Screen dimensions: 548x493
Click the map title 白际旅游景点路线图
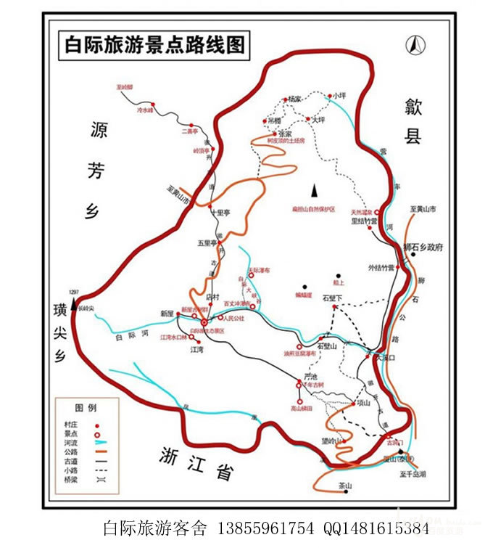pyautogui.click(x=154, y=45)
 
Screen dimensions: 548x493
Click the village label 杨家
pyautogui.click(x=294, y=98)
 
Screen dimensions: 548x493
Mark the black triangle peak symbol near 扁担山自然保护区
pyautogui.click(x=315, y=190)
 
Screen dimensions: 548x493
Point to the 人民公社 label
pyautogui.click(x=235, y=318)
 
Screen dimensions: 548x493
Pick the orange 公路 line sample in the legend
pyautogui.click(x=96, y=451)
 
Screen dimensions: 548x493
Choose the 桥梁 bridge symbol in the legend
pyautogui.click(x=96, y=479)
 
